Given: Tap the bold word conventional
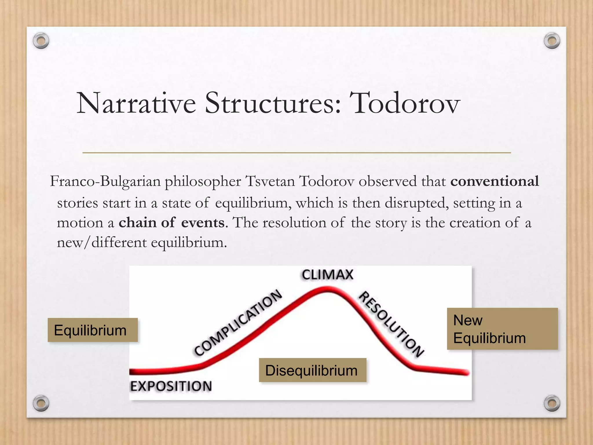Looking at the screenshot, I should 495,182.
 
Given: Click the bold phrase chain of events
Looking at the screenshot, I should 171,223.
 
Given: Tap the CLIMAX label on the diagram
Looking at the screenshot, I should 327,275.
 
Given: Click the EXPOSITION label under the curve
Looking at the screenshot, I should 171,386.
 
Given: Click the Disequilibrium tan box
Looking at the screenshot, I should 312,370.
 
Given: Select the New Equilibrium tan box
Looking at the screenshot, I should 502,329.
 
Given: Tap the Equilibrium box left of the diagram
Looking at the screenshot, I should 92,330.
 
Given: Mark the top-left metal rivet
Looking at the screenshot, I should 41,41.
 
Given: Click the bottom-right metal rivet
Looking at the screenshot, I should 552,403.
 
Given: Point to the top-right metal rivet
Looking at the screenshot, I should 552,41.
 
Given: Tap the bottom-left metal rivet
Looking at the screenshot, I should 41,403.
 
